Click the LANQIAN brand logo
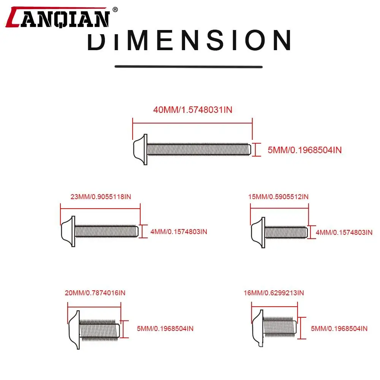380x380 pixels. point(58,17)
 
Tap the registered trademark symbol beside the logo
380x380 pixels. point(116,10)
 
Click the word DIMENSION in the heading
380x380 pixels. point(189,40)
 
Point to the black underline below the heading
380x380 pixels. point(188,66)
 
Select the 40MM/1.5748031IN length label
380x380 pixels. point(193,110)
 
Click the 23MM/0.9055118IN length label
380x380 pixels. point(101,196)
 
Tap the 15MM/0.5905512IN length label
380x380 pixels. point(279,196)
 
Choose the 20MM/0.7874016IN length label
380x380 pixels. point(95,293)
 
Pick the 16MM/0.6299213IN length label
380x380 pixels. point(274,293)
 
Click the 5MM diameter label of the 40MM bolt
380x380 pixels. point(305,150)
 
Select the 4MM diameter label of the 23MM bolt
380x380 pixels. point(179,232)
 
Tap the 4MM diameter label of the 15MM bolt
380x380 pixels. point(344,233)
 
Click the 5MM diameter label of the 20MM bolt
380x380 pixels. point(165,329)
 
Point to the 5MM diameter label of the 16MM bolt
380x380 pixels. point(339,329)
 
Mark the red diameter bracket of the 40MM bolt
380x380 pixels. point(256,149)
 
